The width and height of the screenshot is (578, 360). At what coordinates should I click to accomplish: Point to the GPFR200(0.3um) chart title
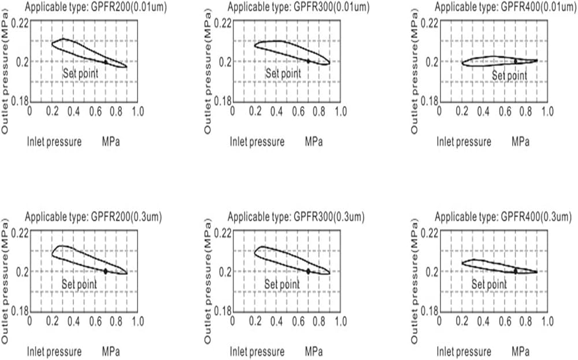coord(93,217)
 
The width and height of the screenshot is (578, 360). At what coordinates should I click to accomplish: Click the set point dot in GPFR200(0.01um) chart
coord(106,61)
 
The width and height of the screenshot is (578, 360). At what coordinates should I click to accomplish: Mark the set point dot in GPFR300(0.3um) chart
coord(308,271)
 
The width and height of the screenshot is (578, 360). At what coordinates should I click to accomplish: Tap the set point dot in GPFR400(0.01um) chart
coord(516,61)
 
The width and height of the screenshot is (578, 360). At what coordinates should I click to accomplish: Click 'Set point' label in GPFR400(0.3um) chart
coord(489,284)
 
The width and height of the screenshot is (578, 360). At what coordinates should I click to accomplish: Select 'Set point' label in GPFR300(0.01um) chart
coord(283,73)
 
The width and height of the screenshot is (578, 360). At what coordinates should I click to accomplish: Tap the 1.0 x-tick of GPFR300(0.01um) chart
coord(340,110)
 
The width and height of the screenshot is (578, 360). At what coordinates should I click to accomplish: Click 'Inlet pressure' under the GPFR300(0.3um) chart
coord(257,351)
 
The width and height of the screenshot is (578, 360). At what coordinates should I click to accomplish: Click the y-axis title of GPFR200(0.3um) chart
coord(6,287)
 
